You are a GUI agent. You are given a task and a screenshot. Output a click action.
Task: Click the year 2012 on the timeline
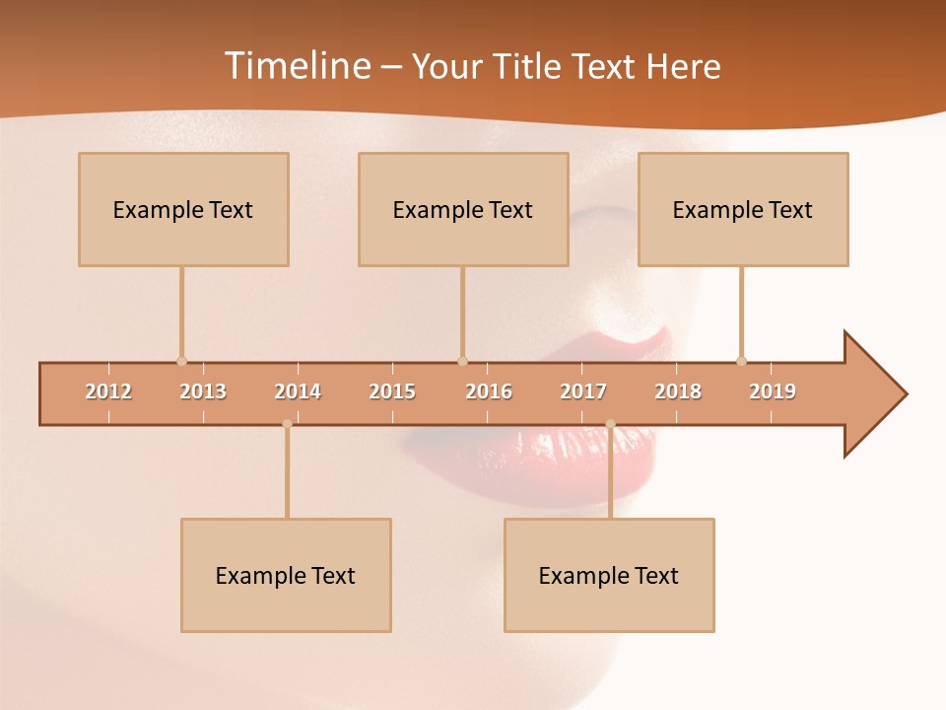point(108,391)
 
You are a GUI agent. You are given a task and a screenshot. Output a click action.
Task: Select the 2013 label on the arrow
point(203,391)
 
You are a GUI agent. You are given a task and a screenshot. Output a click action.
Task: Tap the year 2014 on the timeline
point(298,391)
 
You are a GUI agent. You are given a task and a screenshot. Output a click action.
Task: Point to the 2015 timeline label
point(392,391)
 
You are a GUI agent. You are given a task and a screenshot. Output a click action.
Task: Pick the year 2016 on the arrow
point(489,391)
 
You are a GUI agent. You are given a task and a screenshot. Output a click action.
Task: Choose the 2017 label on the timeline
point(583,391)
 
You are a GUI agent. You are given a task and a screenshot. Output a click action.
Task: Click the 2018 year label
point(678,391)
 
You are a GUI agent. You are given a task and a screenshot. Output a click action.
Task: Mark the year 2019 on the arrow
point(773,391)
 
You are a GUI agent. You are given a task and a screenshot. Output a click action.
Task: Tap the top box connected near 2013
point(183,209)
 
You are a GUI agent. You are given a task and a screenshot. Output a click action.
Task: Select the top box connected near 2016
point(463,209)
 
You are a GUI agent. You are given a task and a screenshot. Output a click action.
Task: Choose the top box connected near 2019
point(743,209)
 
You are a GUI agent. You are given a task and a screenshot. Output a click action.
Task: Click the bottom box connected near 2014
point(286,575)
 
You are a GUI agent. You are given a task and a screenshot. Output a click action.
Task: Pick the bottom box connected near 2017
point(609,575)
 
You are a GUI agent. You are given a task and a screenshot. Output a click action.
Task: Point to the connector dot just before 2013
point(181,361)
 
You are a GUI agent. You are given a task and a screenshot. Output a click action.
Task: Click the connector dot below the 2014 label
point(287,424)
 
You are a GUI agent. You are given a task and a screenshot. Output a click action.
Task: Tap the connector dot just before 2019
point(741,361)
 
